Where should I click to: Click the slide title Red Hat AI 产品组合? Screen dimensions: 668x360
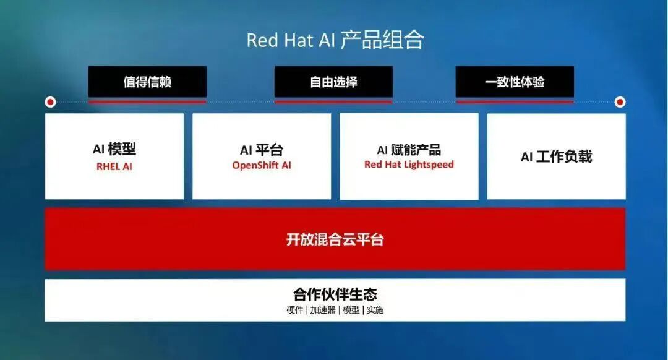pyautogui.click(x=335, y=40)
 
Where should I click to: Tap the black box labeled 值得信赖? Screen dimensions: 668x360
pyautogui.click(x=147, y=82)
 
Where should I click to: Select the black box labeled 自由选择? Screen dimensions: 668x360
pyautogui.click(x=333, y=82)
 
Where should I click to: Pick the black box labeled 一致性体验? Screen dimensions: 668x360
pyautogui.click(x=515, y=82)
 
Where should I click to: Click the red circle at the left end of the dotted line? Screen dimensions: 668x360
pyautogui.click(x=50, y=102)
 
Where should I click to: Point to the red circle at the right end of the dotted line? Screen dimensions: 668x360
pyautogui.click(x=620, y=102)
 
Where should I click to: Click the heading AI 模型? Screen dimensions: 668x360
pyautogui.click(x=114, y=149)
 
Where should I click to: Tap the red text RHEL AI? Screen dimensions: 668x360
pyautogui.click(x=114, y=166)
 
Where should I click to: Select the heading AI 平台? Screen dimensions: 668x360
pyautogui.click(x=262, y=150)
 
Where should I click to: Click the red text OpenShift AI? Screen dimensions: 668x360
pyautogui.click(x=262, y=165)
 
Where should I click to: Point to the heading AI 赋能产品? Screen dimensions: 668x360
pyautogui.click(x=409, y=150)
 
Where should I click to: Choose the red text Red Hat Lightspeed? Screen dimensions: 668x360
pyautogui.click(x=409, y=165)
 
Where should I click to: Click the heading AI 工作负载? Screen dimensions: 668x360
pyautogui.click(x=557, y=156)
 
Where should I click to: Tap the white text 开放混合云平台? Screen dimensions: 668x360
pyautogui.click(x=335, y=239)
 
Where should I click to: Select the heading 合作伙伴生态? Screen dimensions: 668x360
pyautogui.click(x=335, y=294)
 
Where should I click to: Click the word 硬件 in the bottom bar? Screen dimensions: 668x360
pyautogui.click(x=294, y=310)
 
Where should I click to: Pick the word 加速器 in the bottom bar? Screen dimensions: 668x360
pyautogui.click(x=322, y=310)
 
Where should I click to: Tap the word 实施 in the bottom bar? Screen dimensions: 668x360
pyautogui.click(x=375, y=310)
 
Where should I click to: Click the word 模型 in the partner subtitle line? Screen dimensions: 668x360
pyautogui.click(x=351, y=310)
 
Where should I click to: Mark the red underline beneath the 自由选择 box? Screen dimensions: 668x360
pyautogui.click(x=333, y=101)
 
